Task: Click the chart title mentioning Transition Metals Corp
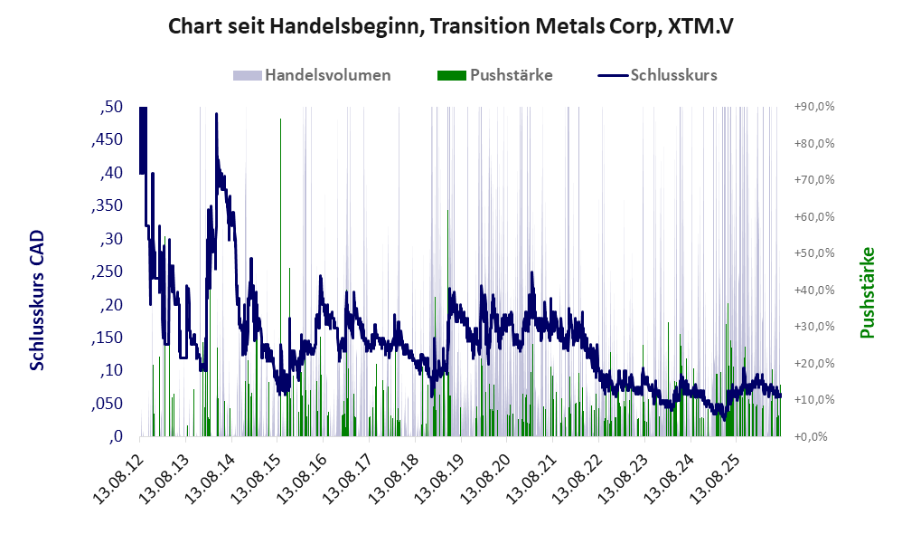450,26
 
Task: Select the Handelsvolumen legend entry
312,75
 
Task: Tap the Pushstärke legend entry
495,75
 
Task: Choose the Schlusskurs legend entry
657,75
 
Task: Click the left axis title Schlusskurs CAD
37,300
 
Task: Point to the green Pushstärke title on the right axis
867,292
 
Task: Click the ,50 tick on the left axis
111,107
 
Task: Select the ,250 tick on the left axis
107,272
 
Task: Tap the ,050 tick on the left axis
107,404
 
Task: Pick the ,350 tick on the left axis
107,205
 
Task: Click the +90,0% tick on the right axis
814,107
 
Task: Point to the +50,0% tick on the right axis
814,253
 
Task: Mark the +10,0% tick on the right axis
814,400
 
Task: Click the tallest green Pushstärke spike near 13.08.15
281,277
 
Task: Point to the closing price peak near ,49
216,114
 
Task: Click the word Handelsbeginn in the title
346,26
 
